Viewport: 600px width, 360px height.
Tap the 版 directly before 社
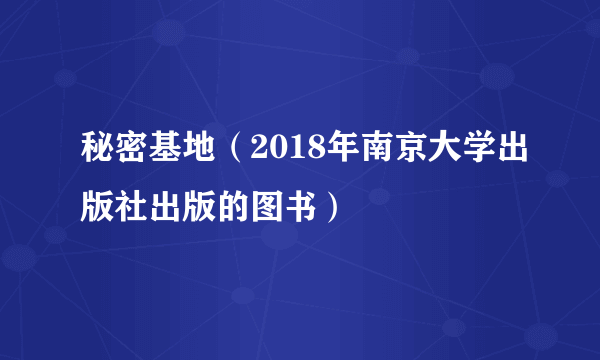tap(98, 207)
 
